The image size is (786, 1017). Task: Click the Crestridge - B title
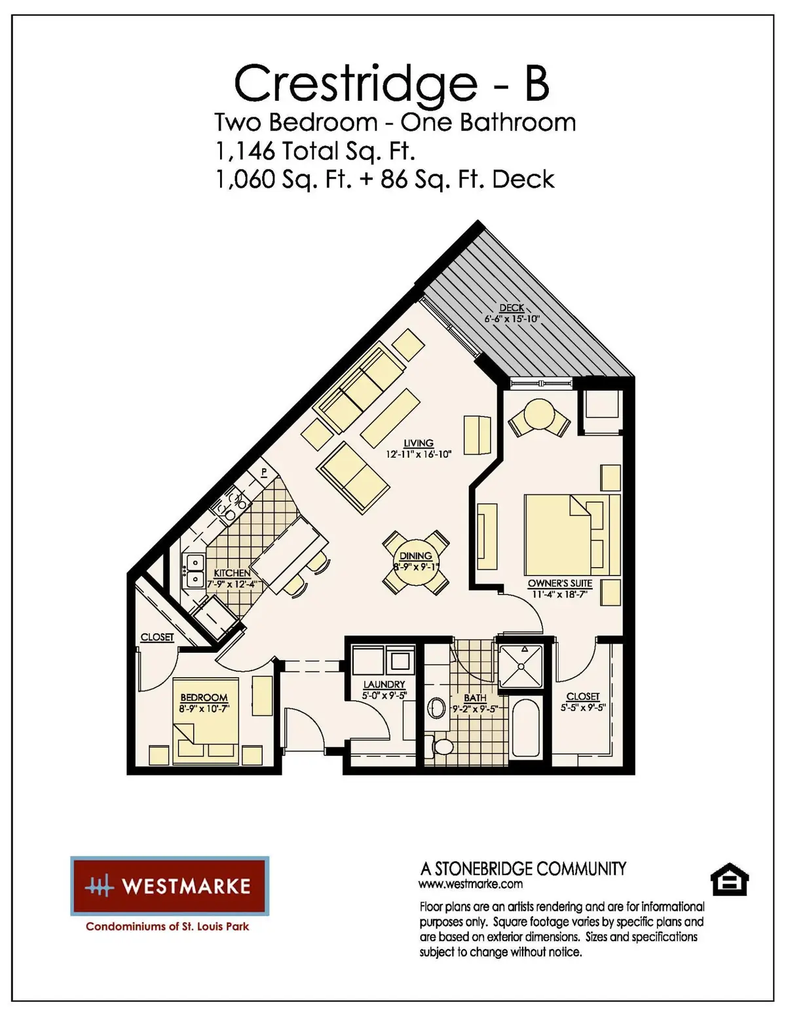(x=392, y=84)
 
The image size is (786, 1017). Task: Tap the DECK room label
(x=512, y=308)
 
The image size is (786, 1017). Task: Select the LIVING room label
(x=419, y=443)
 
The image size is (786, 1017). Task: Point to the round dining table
(x=416, y=562)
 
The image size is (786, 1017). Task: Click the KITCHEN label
(x=232, y=573)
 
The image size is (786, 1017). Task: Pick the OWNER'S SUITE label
(x=559, y=583)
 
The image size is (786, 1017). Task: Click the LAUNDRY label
(x=384, y=684)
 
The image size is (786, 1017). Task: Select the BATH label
(x=475, y=698)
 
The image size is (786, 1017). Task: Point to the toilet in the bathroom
(x=443, y=746)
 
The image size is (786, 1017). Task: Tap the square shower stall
(x=521, y=666)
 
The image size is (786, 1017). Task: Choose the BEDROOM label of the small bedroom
(x=204, y=698)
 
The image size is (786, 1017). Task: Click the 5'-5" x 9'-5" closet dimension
(x=582, y=708)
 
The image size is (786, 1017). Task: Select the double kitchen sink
(x=195, y=571)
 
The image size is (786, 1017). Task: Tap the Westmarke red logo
(x=170, y=886)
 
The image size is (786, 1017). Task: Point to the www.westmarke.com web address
(x=470, y=884)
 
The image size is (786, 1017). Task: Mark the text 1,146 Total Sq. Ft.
(x=315, y=151)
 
